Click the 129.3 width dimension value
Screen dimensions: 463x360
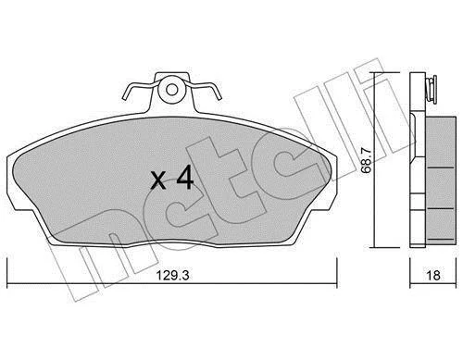click(172, 275)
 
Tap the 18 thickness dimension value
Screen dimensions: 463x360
click(433, 275)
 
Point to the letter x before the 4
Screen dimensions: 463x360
click(158, 181)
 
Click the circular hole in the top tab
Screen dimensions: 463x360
click(172, 90)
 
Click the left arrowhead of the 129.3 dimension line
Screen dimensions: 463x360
click(8, 284)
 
